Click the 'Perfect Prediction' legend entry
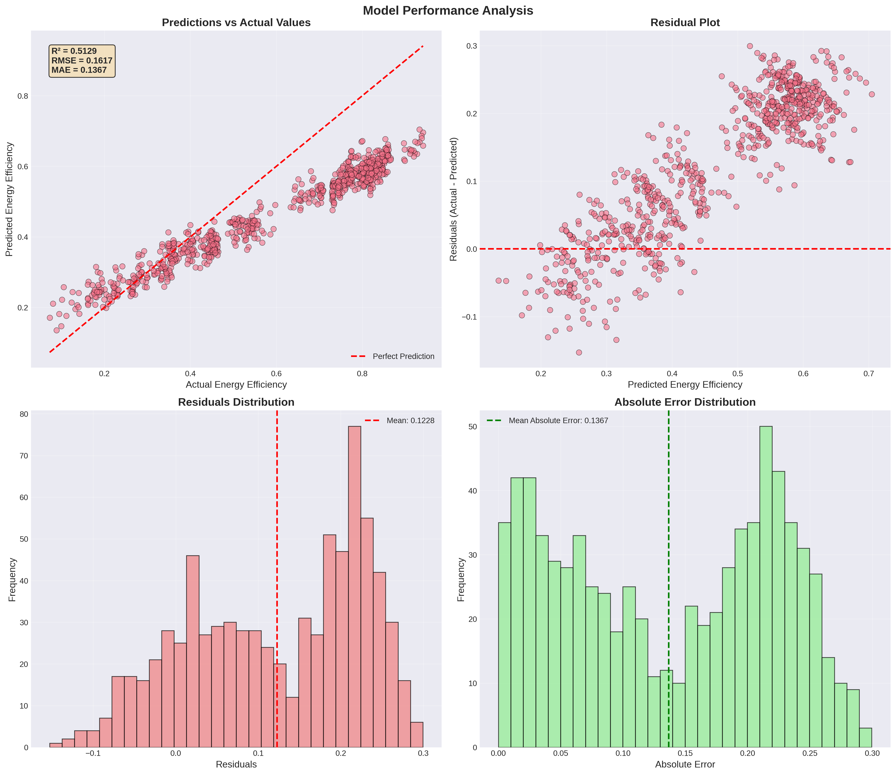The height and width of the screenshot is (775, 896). click(403, 356)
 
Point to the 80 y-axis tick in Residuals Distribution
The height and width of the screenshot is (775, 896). click(23, 414)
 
